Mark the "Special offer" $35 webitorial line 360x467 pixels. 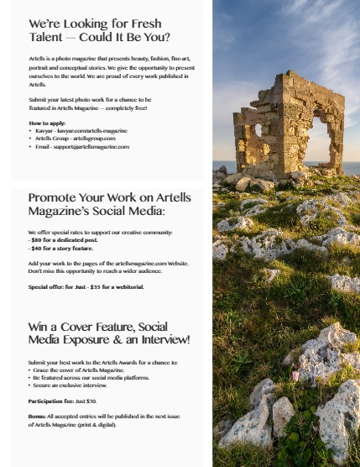click(x=86, y=286)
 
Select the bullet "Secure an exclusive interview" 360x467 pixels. click(x=69, y=385)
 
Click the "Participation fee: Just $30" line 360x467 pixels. click(x=62, y=401)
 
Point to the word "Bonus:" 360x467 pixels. click(x=37, y=417)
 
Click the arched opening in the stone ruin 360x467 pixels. click(x=320, y=133)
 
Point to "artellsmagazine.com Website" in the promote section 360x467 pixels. click(x=149, y=263)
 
